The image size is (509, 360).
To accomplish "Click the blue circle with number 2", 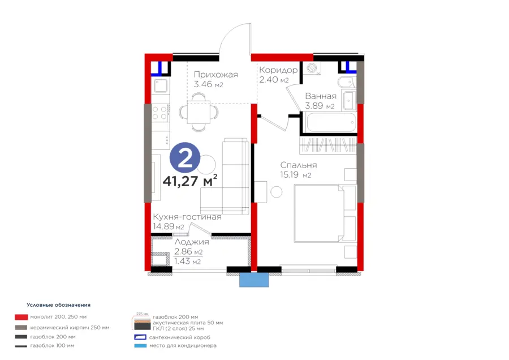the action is click(185, 158).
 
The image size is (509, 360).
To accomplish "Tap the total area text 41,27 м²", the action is click(190, 181).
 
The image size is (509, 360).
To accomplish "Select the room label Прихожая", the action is click(216, 75).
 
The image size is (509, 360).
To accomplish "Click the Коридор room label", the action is click(278, 70).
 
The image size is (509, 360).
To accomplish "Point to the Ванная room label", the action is click(321, 96).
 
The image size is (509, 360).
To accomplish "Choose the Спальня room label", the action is click(299, 165).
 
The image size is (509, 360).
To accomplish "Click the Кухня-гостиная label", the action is click(187, 217).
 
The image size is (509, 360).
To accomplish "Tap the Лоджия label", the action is click(192, 242).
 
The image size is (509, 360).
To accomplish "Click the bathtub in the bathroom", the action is click(330, 122).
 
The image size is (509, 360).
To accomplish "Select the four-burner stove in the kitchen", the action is click(160, 113).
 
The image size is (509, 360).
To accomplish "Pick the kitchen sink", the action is click(161, 86).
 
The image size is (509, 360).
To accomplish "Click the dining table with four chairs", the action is click(199, 112).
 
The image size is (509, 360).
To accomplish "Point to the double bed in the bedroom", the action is click(318, 213).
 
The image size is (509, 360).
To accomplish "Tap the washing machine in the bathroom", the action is click(312, 68).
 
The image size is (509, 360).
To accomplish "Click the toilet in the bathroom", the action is click(346, 82).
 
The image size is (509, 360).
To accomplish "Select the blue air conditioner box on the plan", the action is click(254, 280).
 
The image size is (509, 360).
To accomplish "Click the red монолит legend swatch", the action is click(21, 317).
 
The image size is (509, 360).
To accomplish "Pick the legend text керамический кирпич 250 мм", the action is click(70, 328).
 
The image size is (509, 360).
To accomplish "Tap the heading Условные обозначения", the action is click(58, 305).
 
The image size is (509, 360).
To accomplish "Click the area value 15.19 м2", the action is click(296, 175).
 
